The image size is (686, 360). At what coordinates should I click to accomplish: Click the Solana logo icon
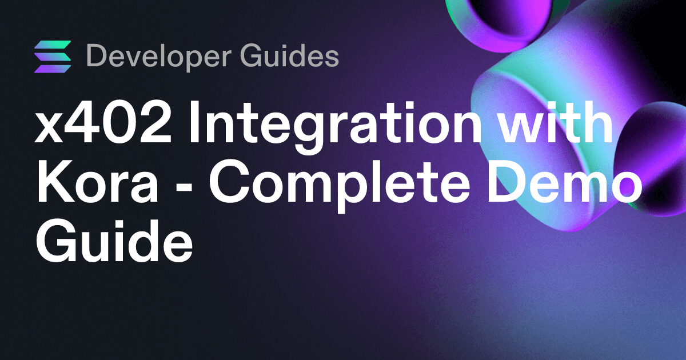click(x=53, y=57)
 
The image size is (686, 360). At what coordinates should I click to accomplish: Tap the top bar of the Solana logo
click(x=53, y=45)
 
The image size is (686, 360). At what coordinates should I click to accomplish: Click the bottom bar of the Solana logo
click(x=53, y=68)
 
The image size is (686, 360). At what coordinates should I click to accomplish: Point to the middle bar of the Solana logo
click(x=53, y=57)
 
